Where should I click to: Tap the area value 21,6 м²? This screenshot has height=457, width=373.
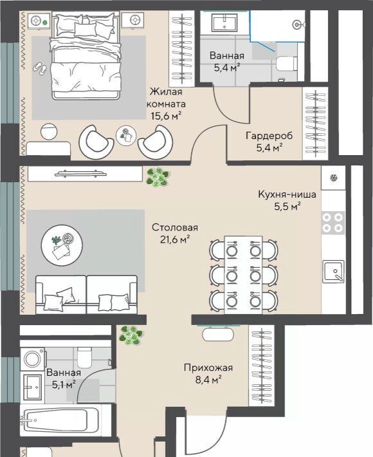pos(175,239)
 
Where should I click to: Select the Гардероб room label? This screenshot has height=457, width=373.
pos(269,136)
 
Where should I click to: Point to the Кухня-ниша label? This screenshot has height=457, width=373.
pos(287,194)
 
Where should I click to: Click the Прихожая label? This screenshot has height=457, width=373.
pos(208,368)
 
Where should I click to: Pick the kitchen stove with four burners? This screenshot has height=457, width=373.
pos(333,222)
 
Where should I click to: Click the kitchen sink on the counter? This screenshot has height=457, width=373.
pos(334,271)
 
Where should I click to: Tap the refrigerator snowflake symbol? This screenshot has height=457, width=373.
pos(333,178)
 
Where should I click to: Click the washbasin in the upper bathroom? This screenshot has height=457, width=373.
pos(225,23)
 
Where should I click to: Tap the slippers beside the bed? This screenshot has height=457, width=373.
pos(39,68)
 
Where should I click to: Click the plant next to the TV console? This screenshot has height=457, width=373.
pos(158,177)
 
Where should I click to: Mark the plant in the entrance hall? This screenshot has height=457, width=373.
pos(131,336)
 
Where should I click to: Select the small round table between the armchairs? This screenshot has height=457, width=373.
pos(126,136)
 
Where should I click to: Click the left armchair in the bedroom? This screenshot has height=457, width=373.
pos(96,142)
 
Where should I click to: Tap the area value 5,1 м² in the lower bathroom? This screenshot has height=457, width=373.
pos(64,385)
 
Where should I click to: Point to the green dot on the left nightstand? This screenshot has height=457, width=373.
pos(44,22)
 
